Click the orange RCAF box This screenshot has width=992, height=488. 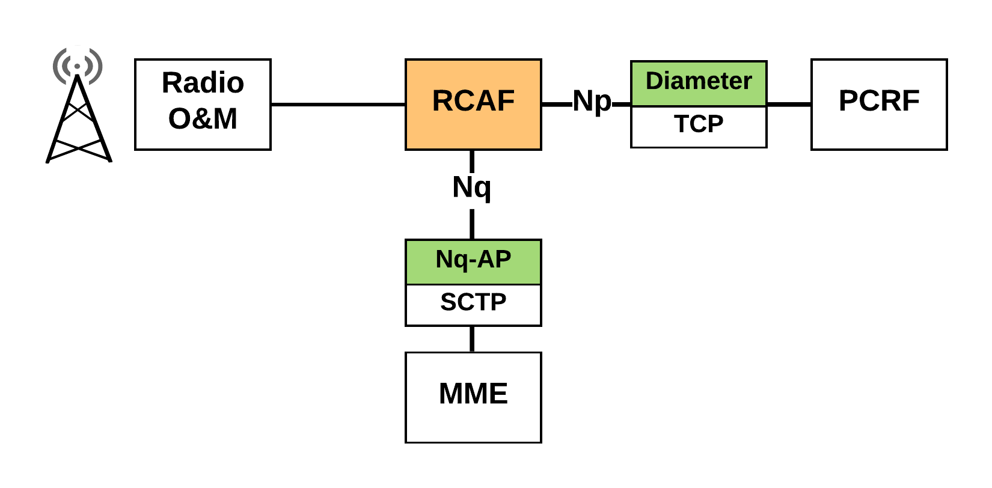473,105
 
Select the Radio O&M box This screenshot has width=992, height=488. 203,105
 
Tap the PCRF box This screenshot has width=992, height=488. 879,105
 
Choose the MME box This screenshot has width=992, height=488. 473,397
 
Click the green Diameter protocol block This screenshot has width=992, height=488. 699,84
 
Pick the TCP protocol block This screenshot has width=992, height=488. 699,127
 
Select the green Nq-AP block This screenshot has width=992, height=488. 473,261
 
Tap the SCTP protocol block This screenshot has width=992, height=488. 473,305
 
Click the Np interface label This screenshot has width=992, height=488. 592,102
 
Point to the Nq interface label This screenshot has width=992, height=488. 472,188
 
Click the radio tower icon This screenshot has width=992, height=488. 78,105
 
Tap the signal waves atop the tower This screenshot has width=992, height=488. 78,66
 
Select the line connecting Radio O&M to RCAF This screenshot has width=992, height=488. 338,105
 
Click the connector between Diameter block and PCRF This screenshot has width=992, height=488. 789,105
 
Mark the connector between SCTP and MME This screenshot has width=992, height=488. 472,339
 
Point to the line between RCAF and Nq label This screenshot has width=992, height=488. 472,162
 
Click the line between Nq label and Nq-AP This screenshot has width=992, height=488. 472,224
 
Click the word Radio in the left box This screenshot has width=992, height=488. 203,83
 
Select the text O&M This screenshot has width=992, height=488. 203,118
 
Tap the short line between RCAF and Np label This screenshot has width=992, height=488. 557,105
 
